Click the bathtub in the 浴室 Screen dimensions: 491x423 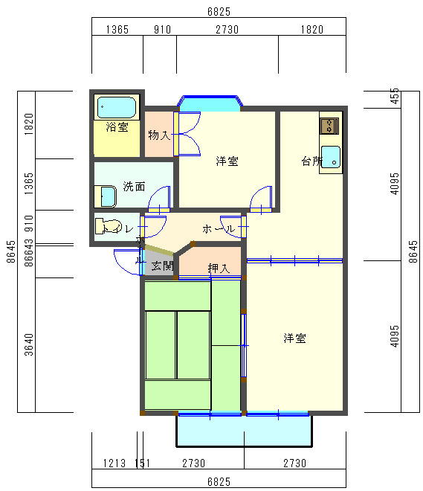coord(117,107)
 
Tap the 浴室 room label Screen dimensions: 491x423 coord(117,127)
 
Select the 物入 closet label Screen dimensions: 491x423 coord(159,135)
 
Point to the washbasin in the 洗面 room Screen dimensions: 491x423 coord(108,196)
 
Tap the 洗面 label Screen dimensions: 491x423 coord(134,186)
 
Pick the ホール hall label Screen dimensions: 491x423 coord(219,228)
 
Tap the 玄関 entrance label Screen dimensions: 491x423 coord(163,266)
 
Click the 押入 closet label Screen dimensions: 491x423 coord(219,268)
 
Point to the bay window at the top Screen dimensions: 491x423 coord(209,103)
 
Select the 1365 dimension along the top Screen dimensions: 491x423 coord(117,30)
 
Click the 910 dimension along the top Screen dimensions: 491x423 coord(162,30)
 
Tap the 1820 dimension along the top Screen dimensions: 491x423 coord(311,30)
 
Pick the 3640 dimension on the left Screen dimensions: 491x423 coord(29,344)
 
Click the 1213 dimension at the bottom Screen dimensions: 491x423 coord(114,463)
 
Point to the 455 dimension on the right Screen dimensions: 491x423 coord(395,95)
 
